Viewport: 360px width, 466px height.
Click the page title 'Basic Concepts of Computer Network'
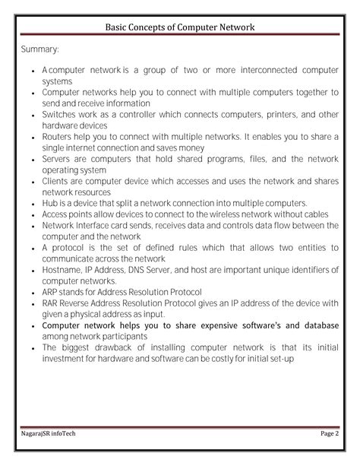(180, 28)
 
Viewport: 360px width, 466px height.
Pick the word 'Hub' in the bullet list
(50, 203)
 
